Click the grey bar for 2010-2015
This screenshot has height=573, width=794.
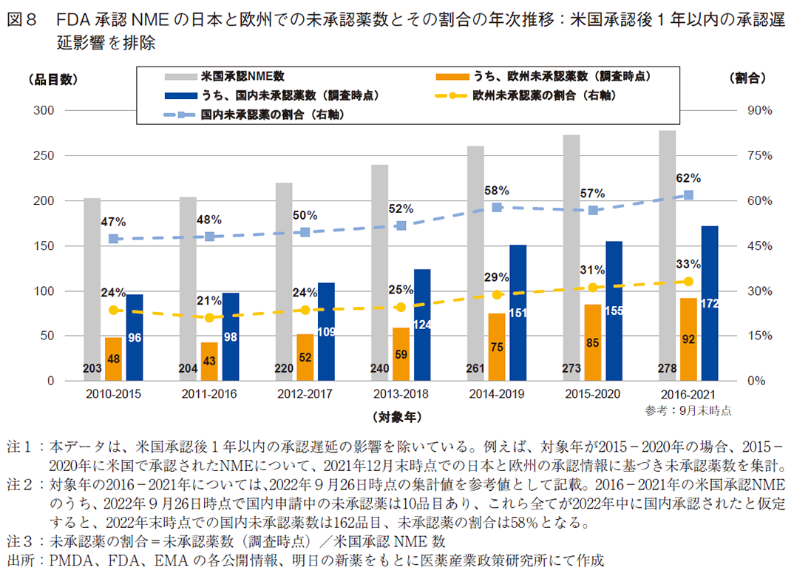[92, 289]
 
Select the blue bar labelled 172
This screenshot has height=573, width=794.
[710, 303]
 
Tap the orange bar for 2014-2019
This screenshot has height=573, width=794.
[497, 347]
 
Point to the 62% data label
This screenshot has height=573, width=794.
[688, 178]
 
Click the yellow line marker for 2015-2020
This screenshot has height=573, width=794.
[592, 287]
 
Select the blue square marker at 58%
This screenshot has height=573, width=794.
[497, 208]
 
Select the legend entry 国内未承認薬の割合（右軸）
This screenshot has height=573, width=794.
[274, 115]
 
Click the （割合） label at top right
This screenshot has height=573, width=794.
[747, 77]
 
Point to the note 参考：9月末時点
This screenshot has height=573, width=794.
[687, 409]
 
